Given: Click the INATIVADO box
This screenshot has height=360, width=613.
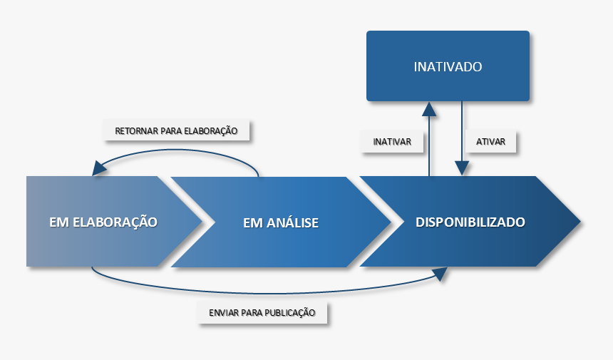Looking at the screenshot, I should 448,66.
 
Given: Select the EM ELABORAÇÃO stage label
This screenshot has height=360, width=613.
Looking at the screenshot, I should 103,222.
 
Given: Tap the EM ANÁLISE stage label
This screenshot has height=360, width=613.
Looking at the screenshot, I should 281,222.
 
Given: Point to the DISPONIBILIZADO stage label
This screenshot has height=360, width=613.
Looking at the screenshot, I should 470,222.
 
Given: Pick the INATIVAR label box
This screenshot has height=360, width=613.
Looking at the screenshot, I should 392,142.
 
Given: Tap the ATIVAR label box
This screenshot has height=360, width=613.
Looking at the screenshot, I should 490,142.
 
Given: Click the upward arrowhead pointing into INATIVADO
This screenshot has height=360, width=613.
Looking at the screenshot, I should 429,108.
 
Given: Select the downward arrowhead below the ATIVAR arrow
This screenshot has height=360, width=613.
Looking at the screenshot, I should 462,168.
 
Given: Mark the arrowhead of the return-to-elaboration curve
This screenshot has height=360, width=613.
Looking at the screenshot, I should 98,168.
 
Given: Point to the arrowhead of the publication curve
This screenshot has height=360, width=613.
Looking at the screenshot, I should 443,274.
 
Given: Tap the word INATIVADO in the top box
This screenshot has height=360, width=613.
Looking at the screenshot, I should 448,67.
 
